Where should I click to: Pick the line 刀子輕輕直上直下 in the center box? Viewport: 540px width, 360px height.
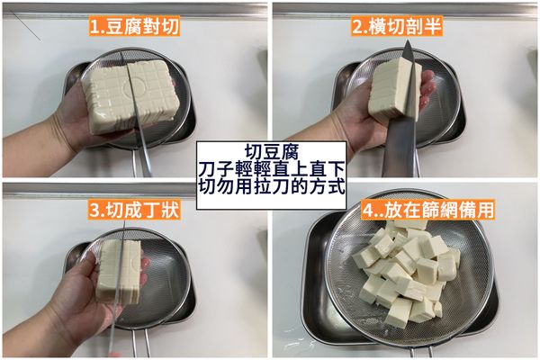(x=269, y=168)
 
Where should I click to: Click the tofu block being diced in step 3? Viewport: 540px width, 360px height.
(x=121, y=270)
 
